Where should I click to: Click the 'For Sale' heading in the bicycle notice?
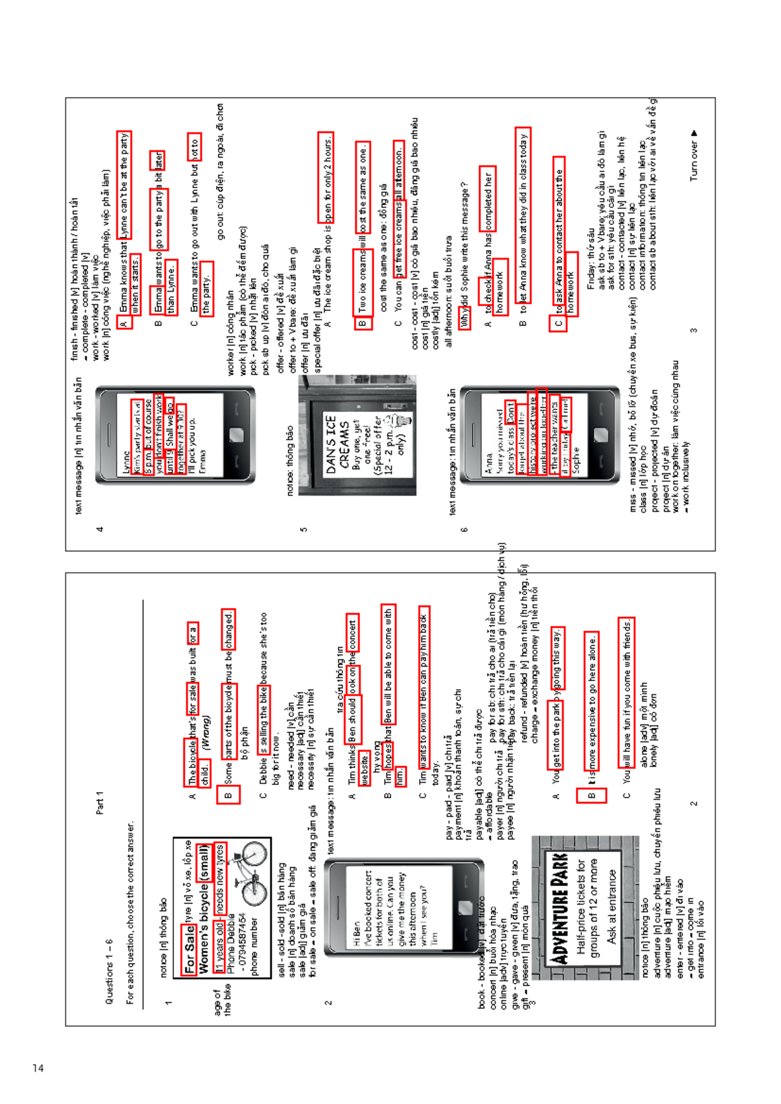point(189,948)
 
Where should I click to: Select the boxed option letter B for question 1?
point(228,795)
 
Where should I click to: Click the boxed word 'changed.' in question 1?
point(228,629)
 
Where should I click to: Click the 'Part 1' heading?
point(100,802)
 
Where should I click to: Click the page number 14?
point(38,1068)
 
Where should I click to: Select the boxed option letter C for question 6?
point(558,323)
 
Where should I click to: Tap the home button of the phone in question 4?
point(236,435)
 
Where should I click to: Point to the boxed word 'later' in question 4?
point(158,159)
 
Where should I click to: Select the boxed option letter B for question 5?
point(363,322)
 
